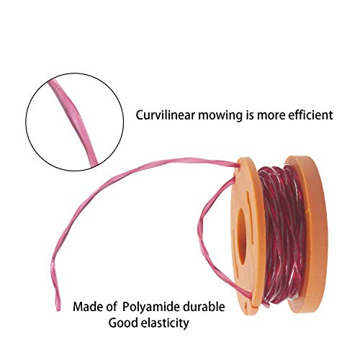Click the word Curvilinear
coord(166,115)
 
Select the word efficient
coord(310,115)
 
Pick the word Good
coord(123,323)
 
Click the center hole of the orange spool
coord(242,236)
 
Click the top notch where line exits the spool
coord(238,166)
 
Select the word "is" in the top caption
coord(250,115)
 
